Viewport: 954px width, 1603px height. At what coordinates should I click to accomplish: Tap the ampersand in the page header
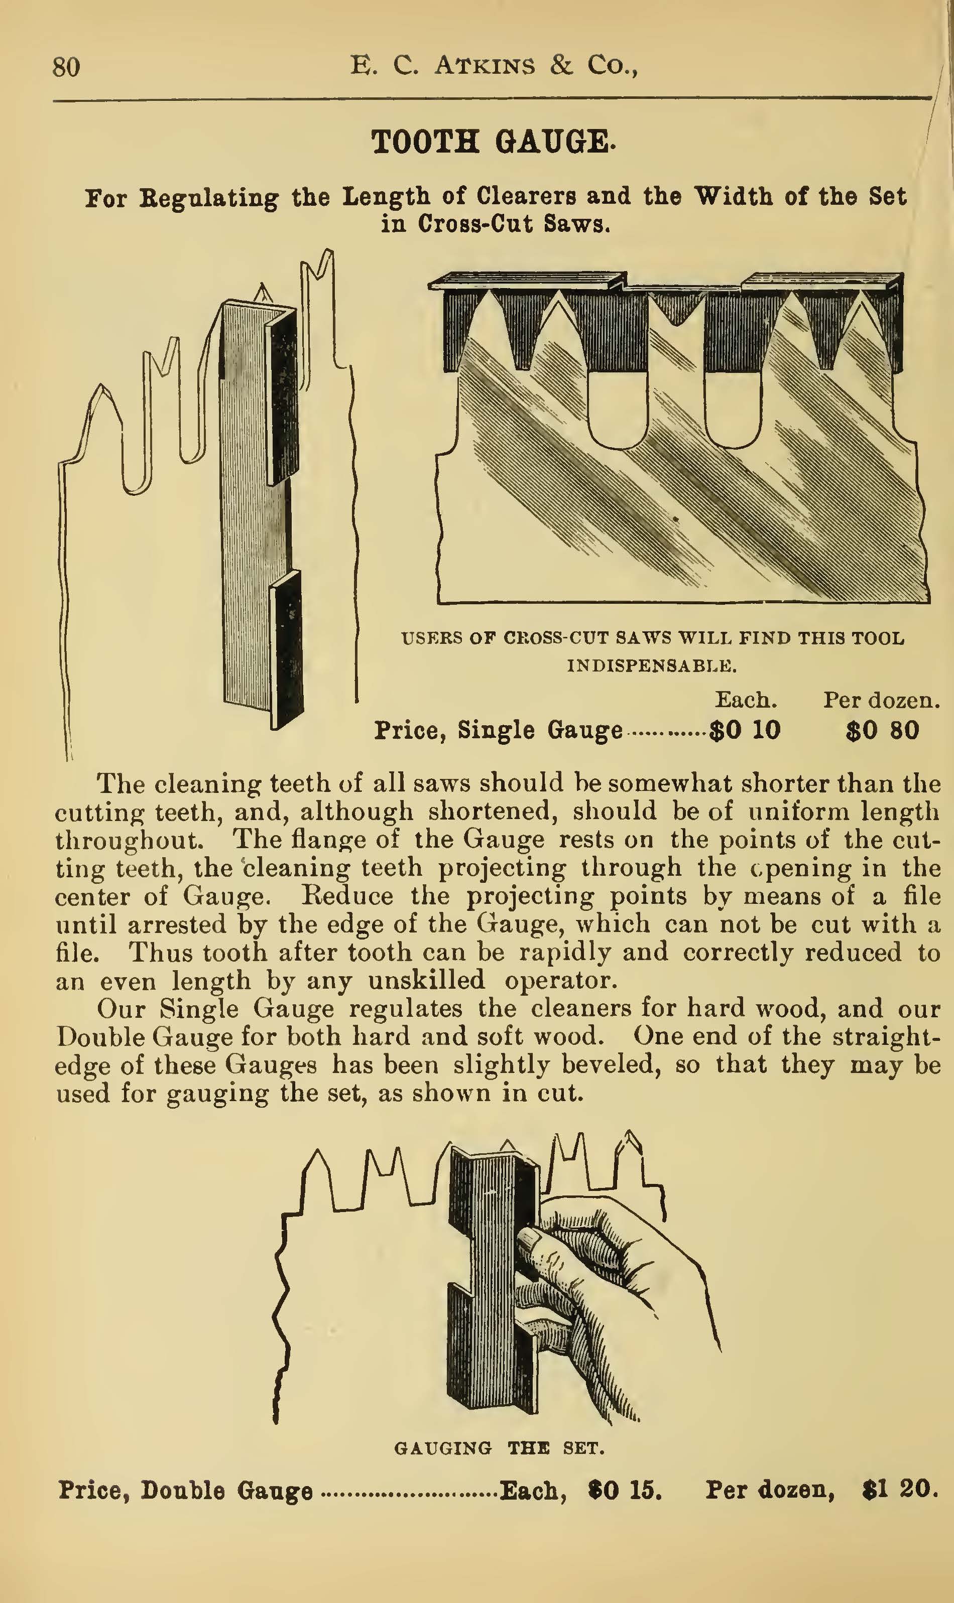point(561,66)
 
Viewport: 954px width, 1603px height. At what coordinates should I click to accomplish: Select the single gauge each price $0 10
point(745,731)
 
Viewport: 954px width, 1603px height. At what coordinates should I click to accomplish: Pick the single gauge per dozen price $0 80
point(882,731)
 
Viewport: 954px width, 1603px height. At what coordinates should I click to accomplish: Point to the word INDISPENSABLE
point(651,665)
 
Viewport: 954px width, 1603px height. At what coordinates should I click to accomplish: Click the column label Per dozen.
point(881,700)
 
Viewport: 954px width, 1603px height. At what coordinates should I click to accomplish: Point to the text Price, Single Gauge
point(498,731)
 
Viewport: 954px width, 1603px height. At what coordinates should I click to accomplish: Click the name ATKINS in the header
point(484,66)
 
